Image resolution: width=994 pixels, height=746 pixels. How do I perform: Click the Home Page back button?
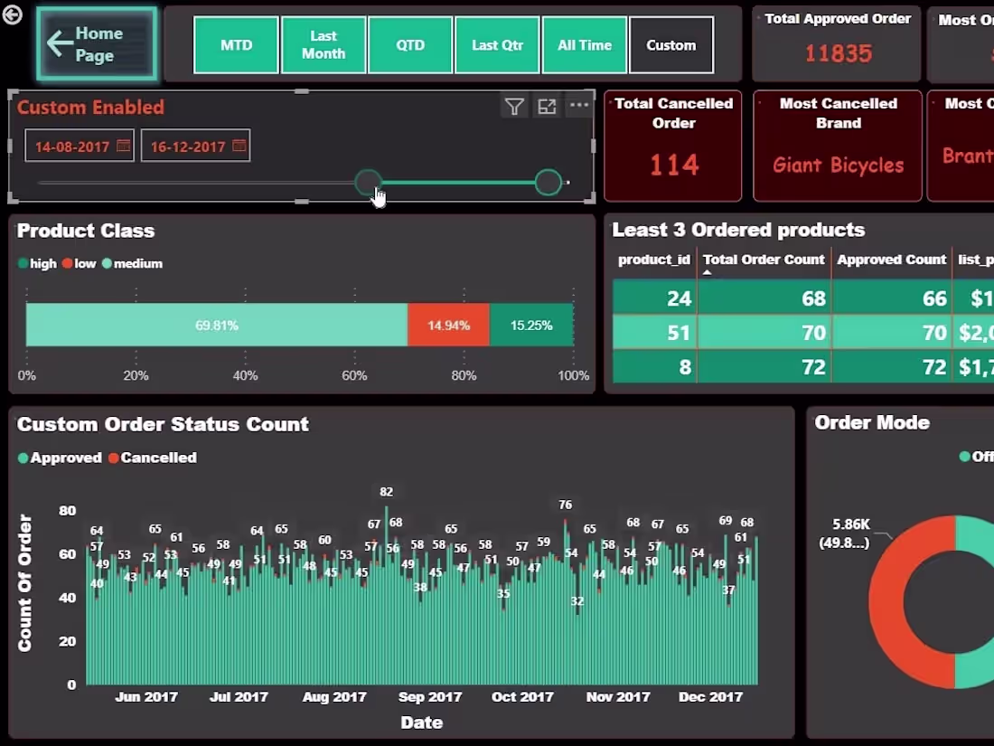point(97,44)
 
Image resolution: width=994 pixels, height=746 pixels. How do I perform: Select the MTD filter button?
point(236,45)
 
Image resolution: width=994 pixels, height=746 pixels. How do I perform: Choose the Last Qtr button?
point(496,45)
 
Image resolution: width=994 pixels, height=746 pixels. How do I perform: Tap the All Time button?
point(584,45)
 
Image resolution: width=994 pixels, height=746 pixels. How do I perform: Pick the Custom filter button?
point(671,45)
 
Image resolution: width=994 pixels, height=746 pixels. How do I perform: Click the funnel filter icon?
point(514,107)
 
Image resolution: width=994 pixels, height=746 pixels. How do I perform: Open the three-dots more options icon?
point(579,106)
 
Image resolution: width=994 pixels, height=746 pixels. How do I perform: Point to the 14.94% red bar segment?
point(448,325)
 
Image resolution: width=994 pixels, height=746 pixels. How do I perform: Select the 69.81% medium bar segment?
point(217,325)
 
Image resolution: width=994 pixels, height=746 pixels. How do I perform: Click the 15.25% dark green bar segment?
point(531,325)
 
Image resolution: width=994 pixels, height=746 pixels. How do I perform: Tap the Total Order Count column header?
point(764,260)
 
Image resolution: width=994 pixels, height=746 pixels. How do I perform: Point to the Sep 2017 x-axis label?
point(430,697)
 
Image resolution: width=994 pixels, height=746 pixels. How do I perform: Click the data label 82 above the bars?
point(387,492)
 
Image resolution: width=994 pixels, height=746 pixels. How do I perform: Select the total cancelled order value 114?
point(673,165)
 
